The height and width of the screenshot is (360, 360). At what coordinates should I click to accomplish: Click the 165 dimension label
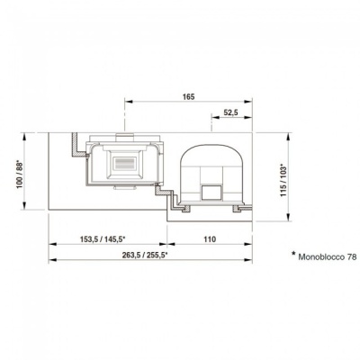pos(188,96)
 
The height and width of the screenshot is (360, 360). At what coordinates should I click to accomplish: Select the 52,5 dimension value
pos(230,112)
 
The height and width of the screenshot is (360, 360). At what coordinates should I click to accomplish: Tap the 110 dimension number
pos(210,239)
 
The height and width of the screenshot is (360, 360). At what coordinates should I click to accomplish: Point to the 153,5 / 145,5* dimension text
pos(103,239)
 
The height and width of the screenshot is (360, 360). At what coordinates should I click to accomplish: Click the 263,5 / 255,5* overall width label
pos(145,255)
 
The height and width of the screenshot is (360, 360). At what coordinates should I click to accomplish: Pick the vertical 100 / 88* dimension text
pos(20,175)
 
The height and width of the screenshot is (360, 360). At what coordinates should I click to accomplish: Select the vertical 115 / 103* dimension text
pos(283,180)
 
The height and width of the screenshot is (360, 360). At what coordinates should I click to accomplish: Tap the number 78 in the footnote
pos(352,257)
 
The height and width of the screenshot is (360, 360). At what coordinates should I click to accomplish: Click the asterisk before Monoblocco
pos(293,254)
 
